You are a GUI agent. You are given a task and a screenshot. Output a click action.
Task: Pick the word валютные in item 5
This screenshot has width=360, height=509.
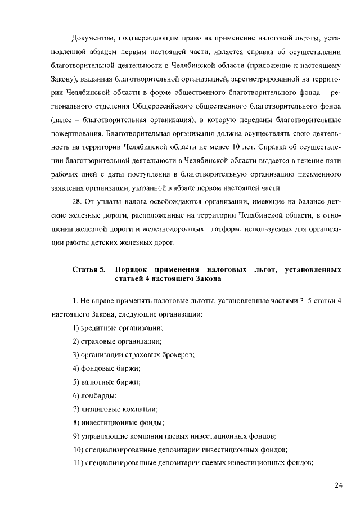click(100, 382)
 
